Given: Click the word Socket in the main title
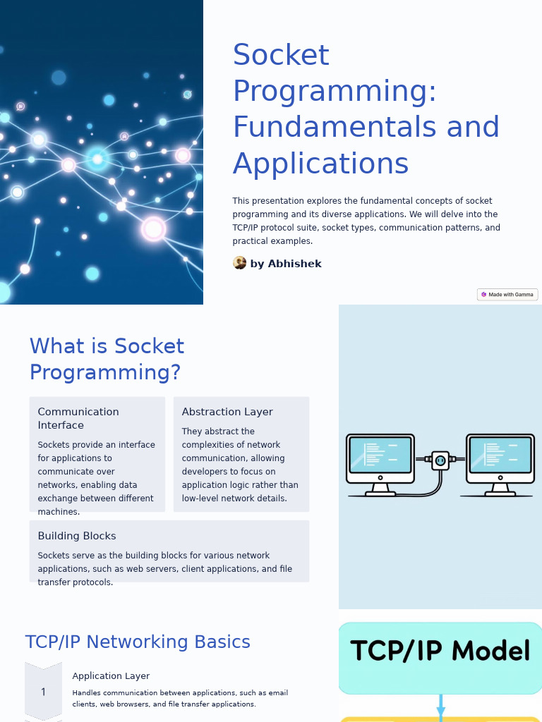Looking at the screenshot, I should [281, 56].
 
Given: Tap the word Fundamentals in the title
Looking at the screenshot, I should [330, 128].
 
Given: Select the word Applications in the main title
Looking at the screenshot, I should [320, 164].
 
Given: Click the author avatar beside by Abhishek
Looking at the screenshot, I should [240, 263].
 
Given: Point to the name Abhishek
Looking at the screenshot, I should [294, 264].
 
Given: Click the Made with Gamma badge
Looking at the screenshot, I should [507, 295].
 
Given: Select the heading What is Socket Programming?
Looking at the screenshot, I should [107, 359].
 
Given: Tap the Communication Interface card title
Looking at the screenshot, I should [78, 418].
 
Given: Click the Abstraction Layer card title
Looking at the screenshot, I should [227, 412].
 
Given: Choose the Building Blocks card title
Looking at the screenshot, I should [77, 536].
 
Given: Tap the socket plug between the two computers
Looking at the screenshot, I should [440, 460].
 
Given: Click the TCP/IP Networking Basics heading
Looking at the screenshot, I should [138, 642].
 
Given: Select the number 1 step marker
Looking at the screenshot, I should [43, 692].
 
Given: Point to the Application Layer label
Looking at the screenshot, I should [111, 676].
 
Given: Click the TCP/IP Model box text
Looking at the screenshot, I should [440, 651].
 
